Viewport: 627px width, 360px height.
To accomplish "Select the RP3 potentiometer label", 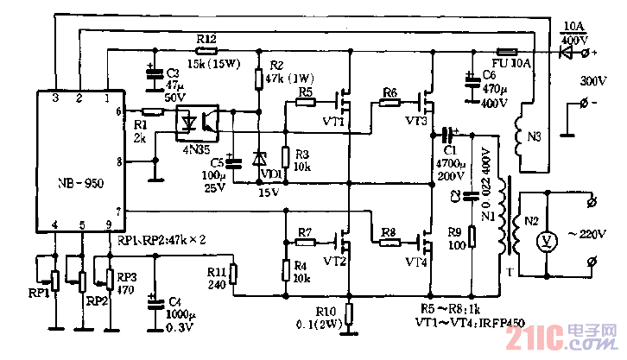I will (x=127, y=278).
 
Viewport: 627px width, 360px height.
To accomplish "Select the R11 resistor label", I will (x=217, y=271).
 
